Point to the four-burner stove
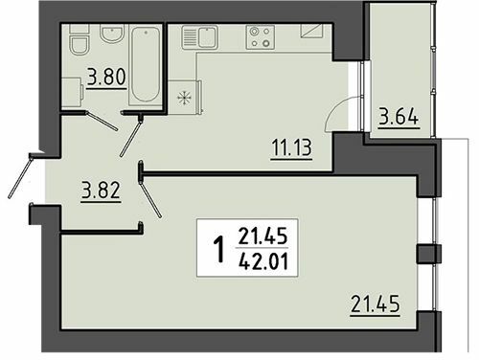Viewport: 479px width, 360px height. tap(259, 37)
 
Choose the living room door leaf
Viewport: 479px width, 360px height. tap(150, 196)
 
